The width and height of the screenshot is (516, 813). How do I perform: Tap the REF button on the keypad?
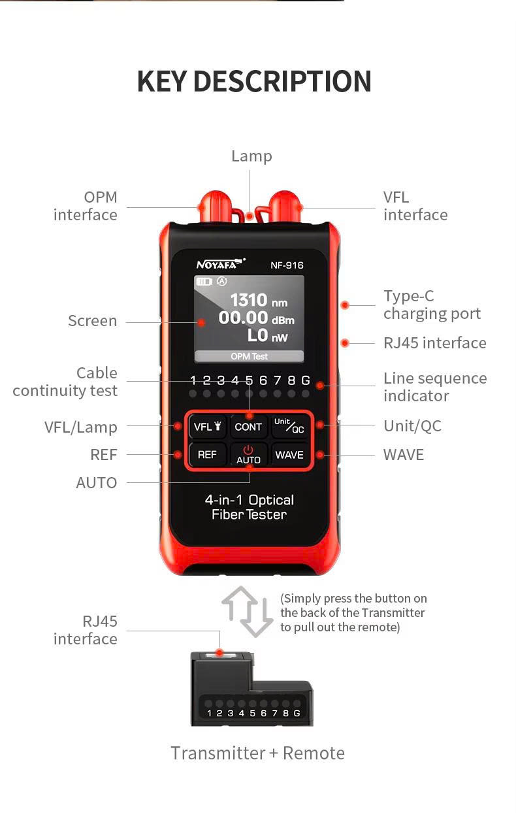[x=207, y=454]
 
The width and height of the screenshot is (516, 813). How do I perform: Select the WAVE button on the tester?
[x=289, y=454]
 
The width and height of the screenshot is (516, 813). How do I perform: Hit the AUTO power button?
[x=248, y=454]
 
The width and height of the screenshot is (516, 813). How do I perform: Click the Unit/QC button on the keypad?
[x=289, y=426]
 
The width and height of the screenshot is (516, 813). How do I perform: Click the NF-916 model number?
[x=287, y=265]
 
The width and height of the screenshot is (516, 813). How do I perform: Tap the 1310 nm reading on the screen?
[x=257, y=301]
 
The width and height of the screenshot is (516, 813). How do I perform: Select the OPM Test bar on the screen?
[x=249, y=356]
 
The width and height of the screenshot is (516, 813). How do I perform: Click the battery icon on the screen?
[x=204, y=282]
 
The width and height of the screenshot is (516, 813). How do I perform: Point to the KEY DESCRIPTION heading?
[x=254, y=82]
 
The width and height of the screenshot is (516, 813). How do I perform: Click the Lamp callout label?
[x=251, y=156]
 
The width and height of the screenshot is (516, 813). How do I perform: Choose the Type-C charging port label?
[x=432, y=305]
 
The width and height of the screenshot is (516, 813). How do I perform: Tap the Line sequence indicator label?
[x=434, y=387]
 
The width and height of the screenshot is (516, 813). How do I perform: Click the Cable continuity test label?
[x=65, y=382]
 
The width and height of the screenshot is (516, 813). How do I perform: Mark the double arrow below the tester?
[x=248, y=612]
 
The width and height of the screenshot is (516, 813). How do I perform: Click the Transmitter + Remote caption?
[x=257, y=753]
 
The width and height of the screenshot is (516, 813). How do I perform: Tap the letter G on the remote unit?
[x=297, y=713]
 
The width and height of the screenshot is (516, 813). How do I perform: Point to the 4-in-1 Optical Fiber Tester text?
[x=249, y=507]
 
